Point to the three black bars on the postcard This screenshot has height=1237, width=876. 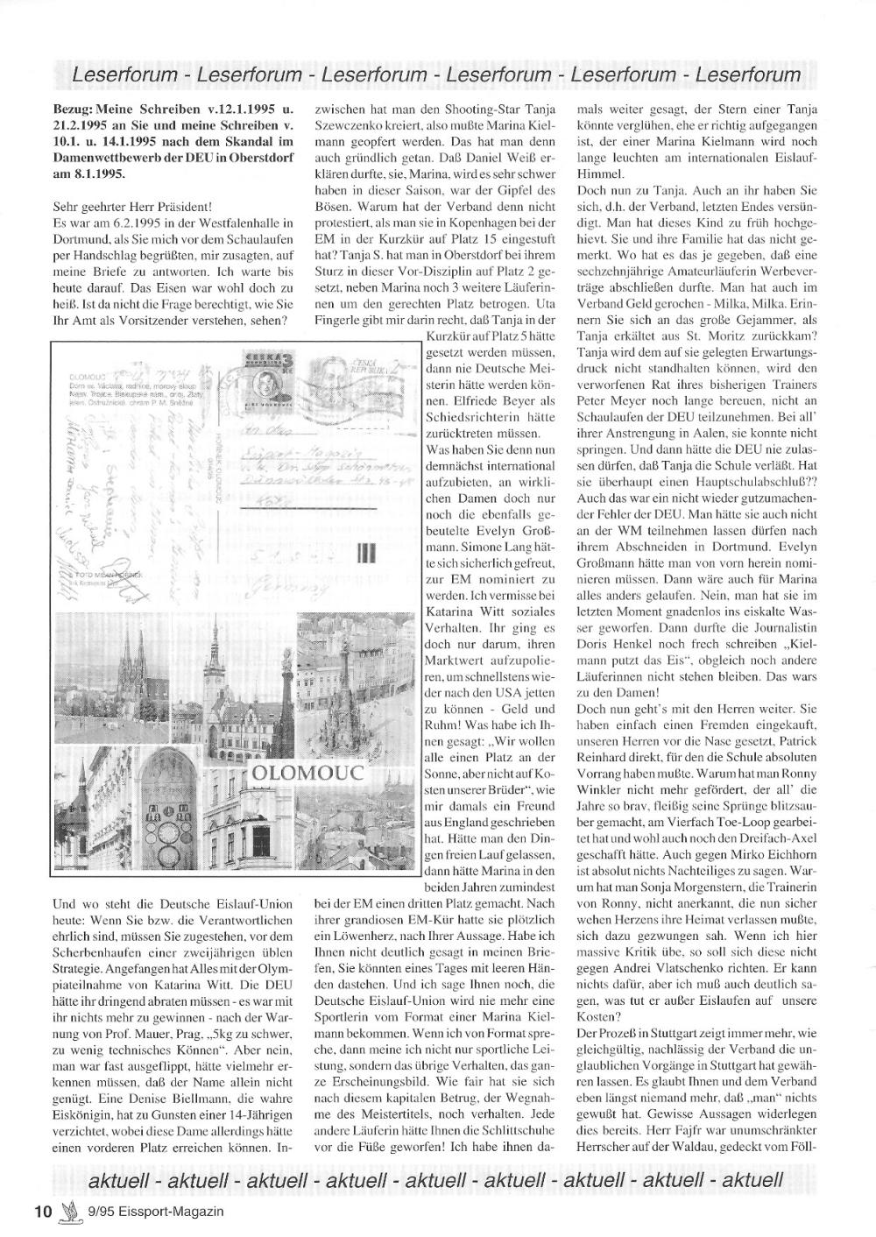click(x=365, y=553)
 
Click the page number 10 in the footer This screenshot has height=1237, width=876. click(x=43, y=1212)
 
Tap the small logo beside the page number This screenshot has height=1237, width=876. click(x=68, y=1212)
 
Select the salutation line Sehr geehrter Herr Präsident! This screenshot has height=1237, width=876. click(x=132, y=207)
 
